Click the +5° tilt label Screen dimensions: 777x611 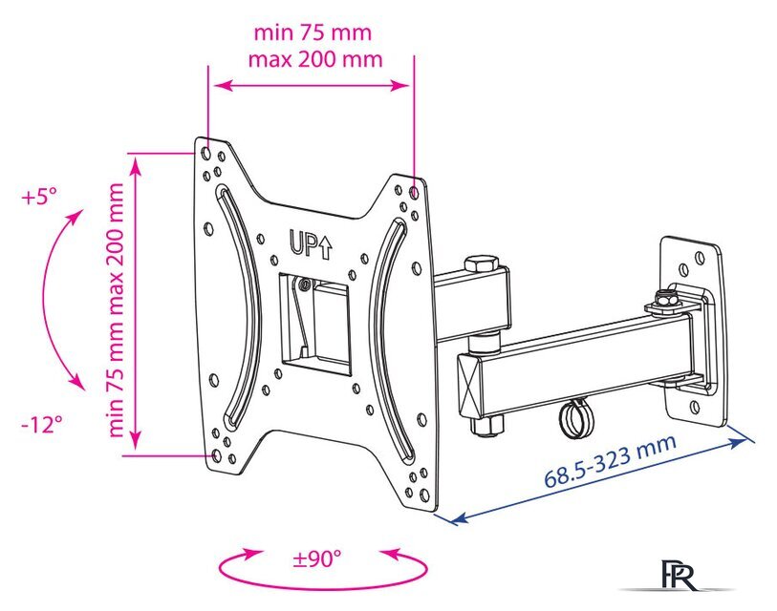39,198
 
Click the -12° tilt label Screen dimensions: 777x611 42,424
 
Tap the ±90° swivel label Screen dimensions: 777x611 317,559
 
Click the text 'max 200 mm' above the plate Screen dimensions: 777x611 315,59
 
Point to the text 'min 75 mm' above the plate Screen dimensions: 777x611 313,32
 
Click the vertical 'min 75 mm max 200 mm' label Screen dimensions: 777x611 116,309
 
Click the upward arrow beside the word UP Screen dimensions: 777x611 325,246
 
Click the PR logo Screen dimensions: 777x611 679,575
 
